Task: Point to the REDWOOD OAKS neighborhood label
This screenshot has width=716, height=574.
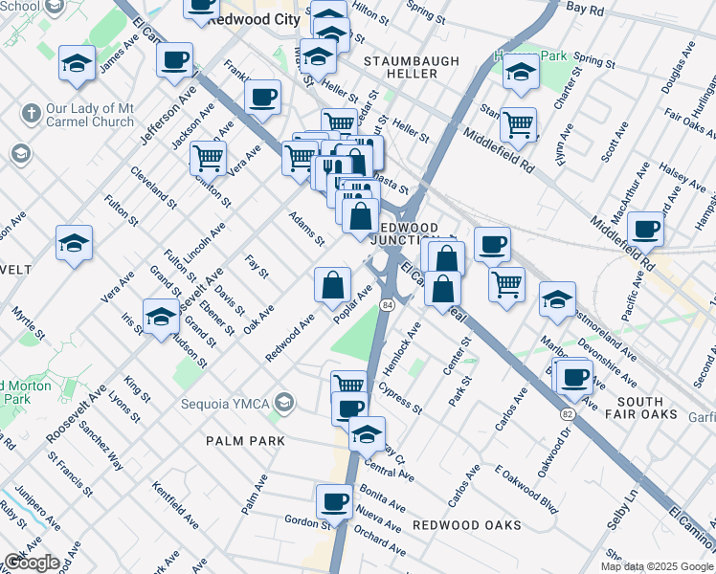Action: pyautogui.click(x=467, y=525)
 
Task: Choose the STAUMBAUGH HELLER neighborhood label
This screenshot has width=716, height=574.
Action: pyautogui.click(x=412, y=61)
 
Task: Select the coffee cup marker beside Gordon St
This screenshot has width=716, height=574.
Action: pyautogui.click(x=335, y=500)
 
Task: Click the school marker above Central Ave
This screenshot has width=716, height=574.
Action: pyautogui.click(x=367, y=433)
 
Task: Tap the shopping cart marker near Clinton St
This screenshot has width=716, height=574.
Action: pyautogui.click(x=207, y=156)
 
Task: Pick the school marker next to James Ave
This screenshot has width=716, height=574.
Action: pyautogui.click(x=77, y=63)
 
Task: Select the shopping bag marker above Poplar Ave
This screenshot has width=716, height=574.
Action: pyautogui.click(x=332, y=283)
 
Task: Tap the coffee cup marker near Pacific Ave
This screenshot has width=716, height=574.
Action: pyautogui.click(x=647, y=229)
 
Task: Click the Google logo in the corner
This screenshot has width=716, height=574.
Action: pyautogui.click(x=31, y=563)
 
